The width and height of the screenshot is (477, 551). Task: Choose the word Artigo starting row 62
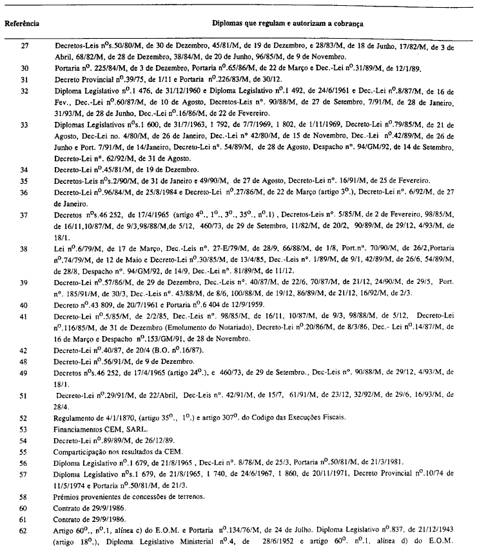[x=65, y=531]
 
